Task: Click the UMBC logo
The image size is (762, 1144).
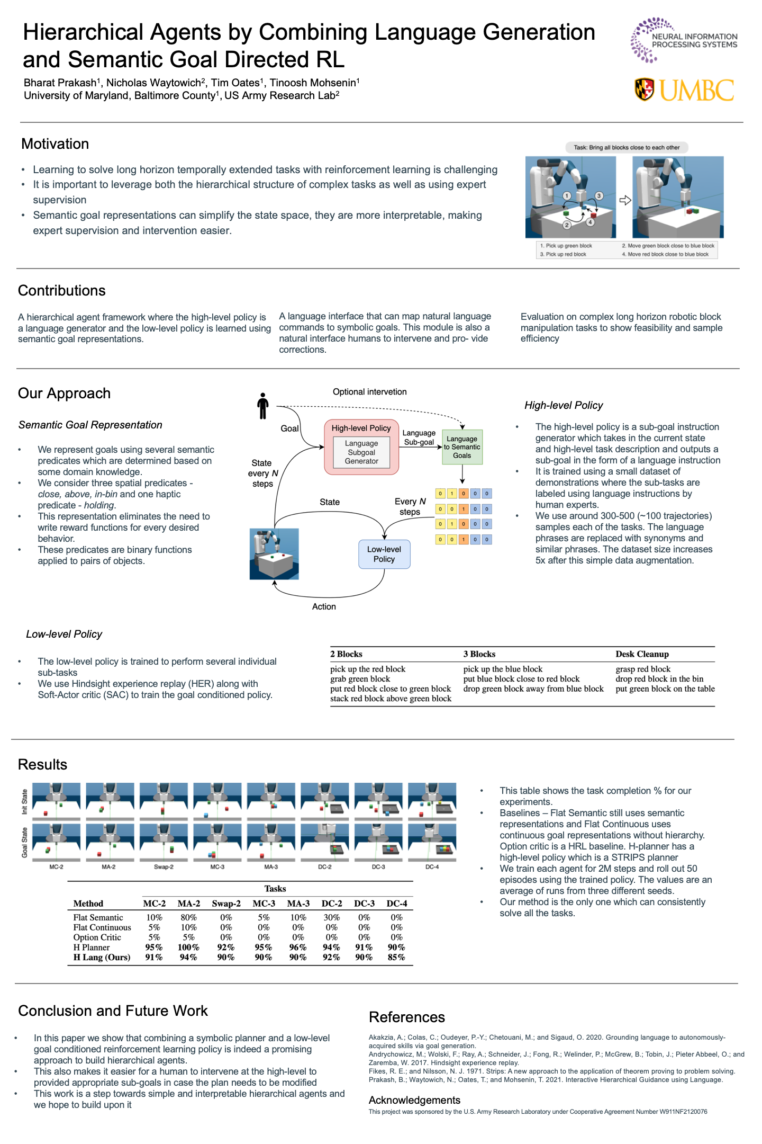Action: (684, 90)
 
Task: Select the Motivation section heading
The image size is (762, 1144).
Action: (55, 144)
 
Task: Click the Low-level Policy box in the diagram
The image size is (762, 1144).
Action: (384, 554)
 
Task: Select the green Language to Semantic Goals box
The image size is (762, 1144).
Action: (462, 447)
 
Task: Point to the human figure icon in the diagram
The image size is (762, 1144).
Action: (262, 406)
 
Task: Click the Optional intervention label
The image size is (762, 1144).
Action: (369, 392)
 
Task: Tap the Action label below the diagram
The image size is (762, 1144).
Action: (324, 606)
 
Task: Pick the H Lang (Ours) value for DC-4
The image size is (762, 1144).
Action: (396, 957)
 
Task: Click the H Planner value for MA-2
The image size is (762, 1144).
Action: (188, 947)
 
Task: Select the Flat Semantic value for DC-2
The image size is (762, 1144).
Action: (331, 917)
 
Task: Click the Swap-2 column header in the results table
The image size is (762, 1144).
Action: (226, 904)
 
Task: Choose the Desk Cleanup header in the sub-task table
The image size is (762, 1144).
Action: (642, 654)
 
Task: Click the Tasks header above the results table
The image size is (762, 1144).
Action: (275, 889)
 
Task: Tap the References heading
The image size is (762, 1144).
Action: (406, 1017)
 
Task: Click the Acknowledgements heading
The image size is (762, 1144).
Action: (414, 1100)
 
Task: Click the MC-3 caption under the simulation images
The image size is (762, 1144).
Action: (217, 867)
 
